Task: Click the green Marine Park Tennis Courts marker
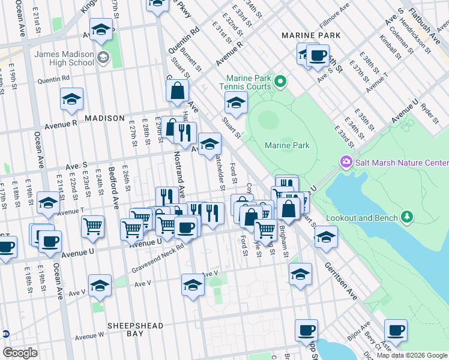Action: (279, 80)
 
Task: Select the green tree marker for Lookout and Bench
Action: (408, 215)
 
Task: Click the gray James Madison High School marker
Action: (103, 58)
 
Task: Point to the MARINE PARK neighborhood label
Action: (312, 35)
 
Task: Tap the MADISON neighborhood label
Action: (104, 118)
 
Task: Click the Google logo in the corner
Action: (20, 353)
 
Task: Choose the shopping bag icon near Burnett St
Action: (178, 91)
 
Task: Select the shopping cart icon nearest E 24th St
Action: (92, 226)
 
